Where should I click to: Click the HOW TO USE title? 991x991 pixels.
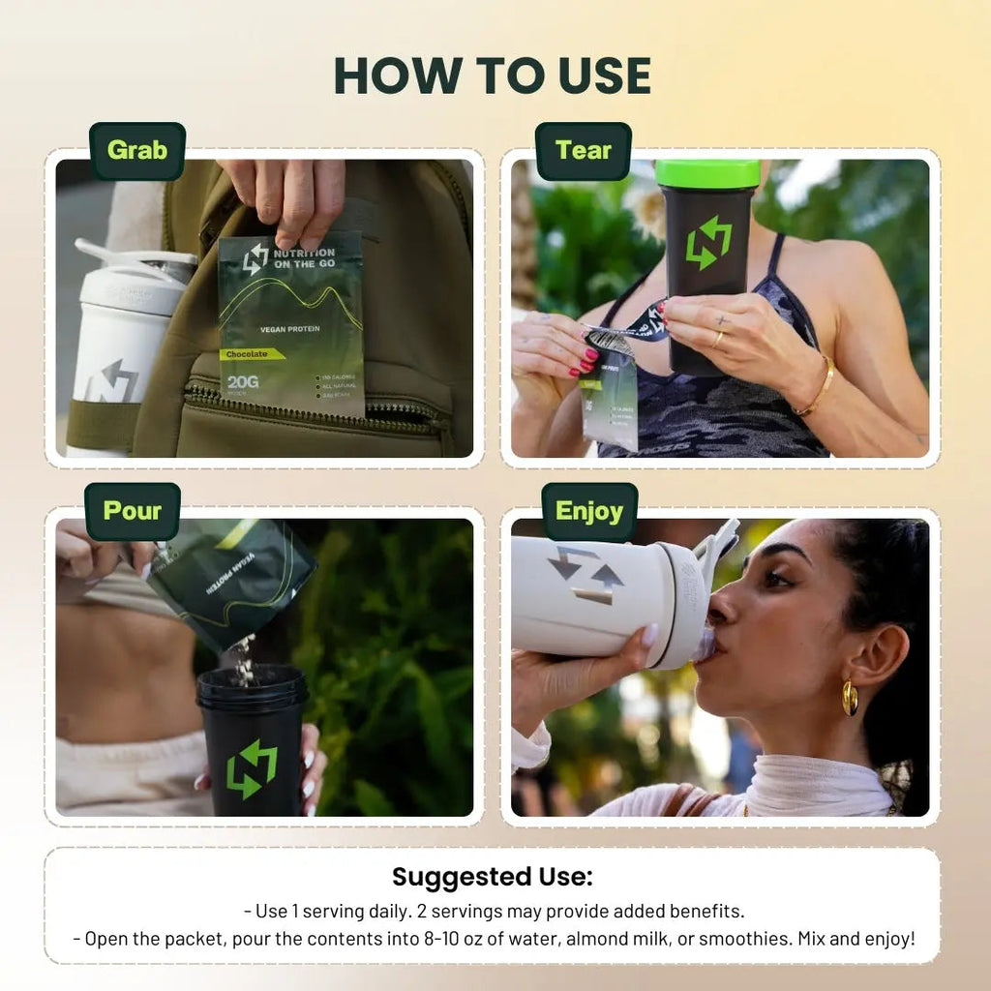pos(493,75)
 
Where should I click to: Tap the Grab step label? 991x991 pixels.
pos(136,151)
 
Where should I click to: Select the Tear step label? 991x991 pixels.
pos(583,151)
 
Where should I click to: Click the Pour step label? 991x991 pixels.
pos(132,511)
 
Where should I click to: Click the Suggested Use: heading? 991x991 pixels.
pos(493,877)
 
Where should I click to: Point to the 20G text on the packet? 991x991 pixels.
pos(242,382)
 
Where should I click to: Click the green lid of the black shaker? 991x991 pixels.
pos(707,173)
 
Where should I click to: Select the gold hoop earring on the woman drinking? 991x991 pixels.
pos(850,698)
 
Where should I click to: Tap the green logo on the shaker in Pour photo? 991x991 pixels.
pos(252,769)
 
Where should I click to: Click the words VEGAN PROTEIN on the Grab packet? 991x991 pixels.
pos(289,329)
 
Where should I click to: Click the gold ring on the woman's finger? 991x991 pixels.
pos(717,338)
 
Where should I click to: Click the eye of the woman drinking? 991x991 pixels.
pos(777,578)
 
